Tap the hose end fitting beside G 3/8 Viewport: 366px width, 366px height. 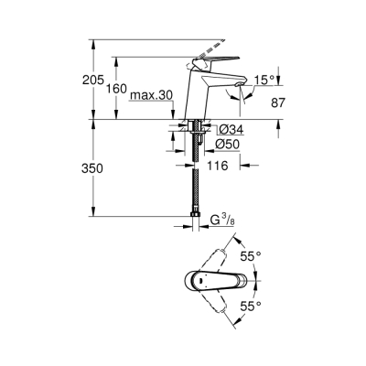[196, 220]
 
